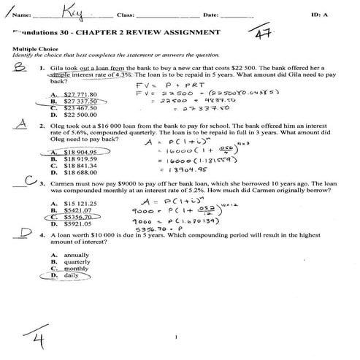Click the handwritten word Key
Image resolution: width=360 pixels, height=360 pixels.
click(x=74, y=12)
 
